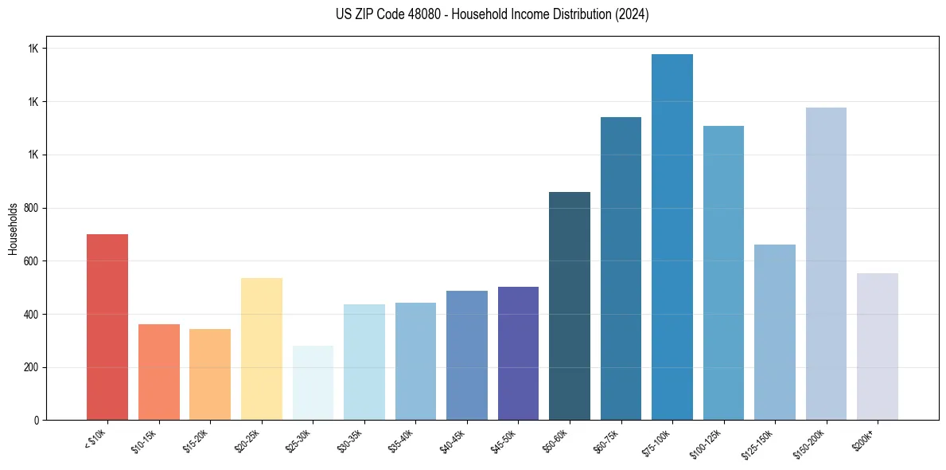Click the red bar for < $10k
(107, 327)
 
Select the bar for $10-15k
(159, 372)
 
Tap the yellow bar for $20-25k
(262, 349)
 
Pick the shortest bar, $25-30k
(313, 382)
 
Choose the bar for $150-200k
(826, 264)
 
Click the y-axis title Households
(13, 229)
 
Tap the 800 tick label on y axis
(32, 208)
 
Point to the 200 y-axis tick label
(32, 367)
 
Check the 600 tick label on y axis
(32, 261)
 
